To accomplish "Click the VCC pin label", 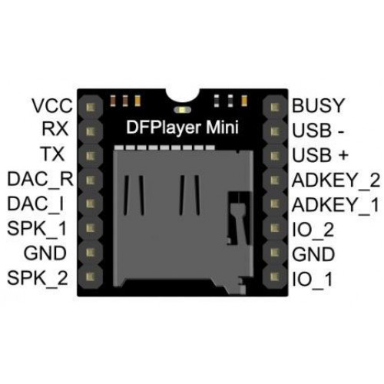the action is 52,105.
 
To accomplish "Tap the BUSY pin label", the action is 318,105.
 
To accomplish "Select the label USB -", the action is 318,131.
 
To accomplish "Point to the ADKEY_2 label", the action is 336,180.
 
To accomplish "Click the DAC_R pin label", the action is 40,179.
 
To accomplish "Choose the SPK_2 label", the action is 38,278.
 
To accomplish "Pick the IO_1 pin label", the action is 313,279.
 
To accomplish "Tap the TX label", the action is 52,154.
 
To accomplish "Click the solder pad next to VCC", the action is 91,108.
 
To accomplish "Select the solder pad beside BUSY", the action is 275,108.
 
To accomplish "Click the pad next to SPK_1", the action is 91,228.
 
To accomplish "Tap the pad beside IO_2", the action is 275,228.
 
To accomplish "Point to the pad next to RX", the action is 91,131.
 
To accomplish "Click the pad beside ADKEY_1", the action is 275,204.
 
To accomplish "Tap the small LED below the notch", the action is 182,110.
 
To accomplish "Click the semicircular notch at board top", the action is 182,95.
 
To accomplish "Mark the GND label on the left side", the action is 45,253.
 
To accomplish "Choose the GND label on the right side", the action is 313,254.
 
